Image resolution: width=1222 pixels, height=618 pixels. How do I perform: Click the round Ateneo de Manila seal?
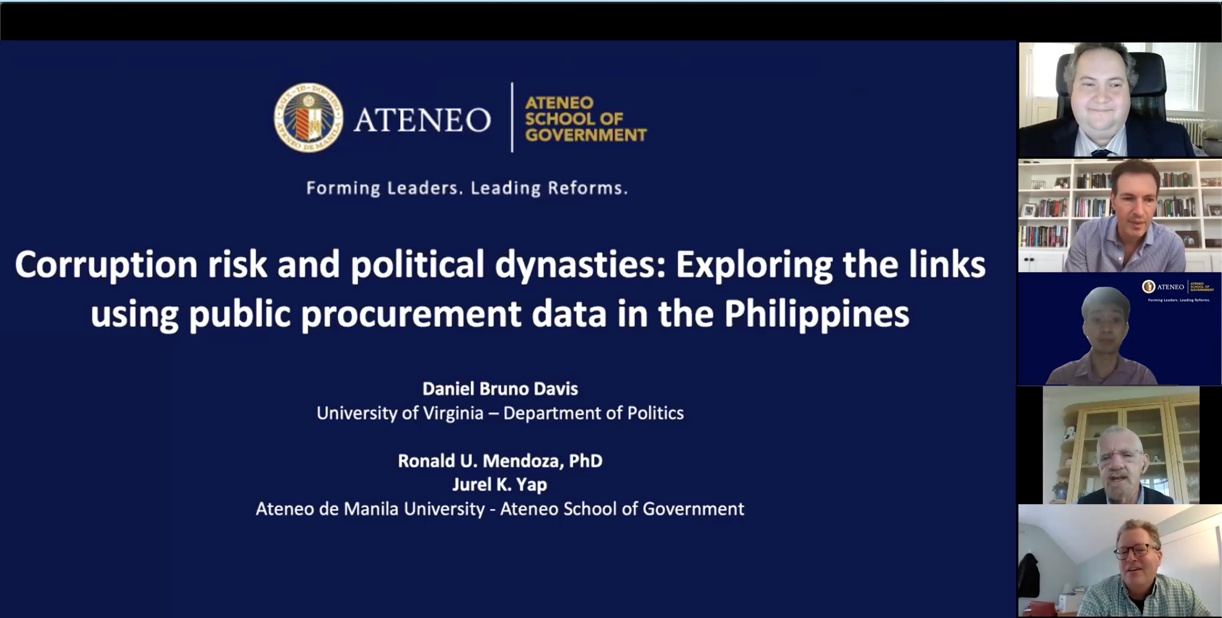309,118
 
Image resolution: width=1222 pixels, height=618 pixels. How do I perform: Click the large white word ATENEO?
422,120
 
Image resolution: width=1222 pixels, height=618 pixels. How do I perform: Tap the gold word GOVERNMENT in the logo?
586,135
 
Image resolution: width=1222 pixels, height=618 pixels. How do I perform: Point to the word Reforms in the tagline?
588,188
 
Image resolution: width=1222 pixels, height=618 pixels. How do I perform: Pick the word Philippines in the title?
816,315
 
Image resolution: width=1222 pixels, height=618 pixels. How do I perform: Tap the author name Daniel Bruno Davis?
500,389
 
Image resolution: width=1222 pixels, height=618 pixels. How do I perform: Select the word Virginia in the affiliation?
453,413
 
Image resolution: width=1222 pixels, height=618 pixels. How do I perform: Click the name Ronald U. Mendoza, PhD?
500,461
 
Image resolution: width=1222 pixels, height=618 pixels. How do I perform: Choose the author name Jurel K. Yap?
499,485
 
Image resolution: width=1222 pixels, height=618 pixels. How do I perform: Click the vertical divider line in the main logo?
512,117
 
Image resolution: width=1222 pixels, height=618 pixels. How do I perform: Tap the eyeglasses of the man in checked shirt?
1136,551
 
